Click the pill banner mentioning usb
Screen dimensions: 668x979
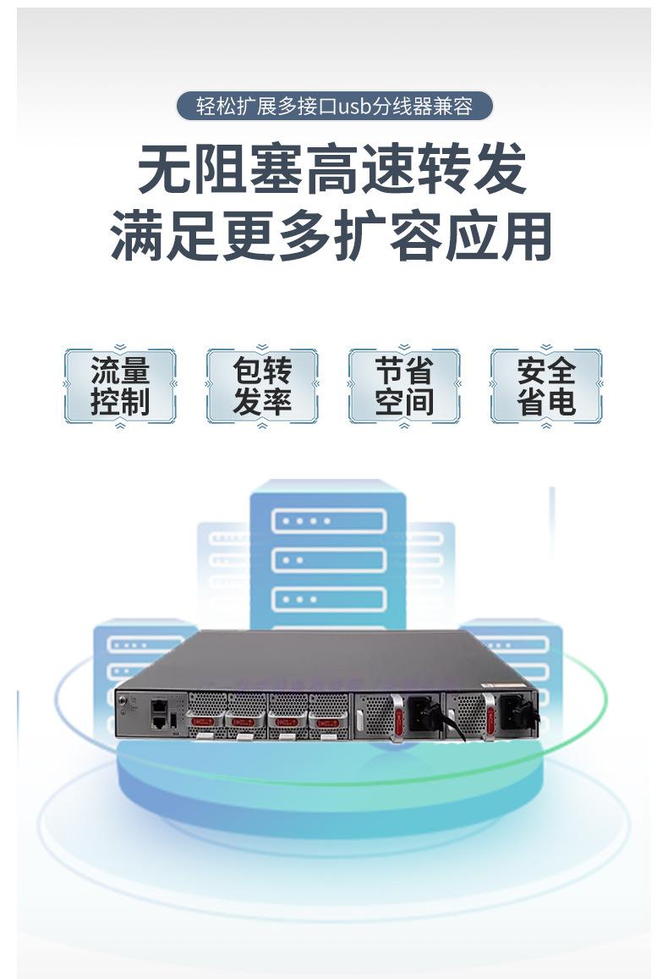334,107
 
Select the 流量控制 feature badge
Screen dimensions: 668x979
120,386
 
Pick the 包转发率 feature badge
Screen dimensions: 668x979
262,386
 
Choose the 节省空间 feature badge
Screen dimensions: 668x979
404,386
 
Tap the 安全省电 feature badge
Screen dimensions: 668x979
546,386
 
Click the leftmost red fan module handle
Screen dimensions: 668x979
203,722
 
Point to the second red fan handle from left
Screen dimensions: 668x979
244,722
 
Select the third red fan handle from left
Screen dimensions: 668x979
284,722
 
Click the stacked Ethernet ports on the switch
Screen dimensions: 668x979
158,715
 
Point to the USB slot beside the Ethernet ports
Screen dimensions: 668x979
173,720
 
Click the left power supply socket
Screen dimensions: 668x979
420,712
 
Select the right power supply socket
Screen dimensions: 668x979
515,712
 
